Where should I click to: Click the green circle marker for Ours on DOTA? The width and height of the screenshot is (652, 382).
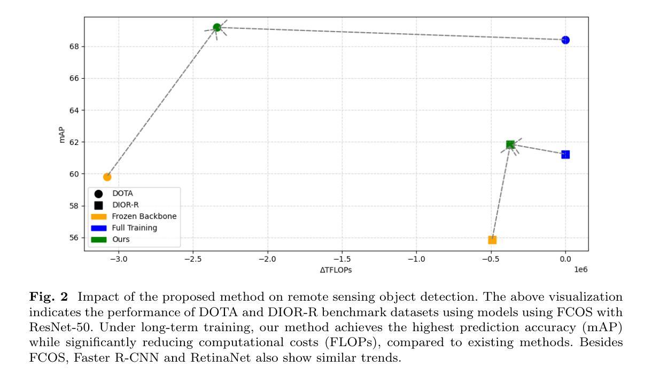click(x=217, y=27)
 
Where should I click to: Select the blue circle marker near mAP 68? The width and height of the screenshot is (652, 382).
click(x=565, y=40)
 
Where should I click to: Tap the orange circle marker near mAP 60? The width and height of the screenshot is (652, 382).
click(x=107, y=177)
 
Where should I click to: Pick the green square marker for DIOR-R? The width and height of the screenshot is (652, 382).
click(x=510, y=144)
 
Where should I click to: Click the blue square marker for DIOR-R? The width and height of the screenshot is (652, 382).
click(x=565, y=155)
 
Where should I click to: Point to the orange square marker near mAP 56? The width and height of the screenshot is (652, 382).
click(x=492, y=240)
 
